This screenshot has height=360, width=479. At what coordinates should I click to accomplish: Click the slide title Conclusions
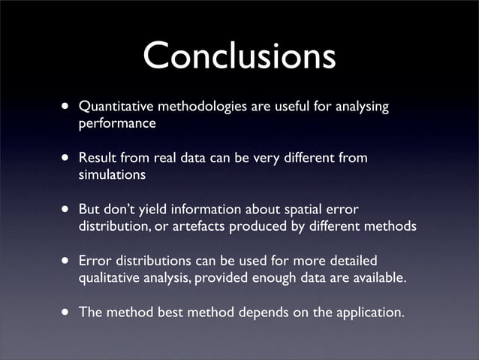239,56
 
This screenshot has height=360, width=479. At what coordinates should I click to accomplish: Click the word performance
117,124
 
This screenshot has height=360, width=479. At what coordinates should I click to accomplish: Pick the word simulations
113,175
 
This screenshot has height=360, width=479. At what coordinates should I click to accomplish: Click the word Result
97,158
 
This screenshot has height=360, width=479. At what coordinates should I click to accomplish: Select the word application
367,311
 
